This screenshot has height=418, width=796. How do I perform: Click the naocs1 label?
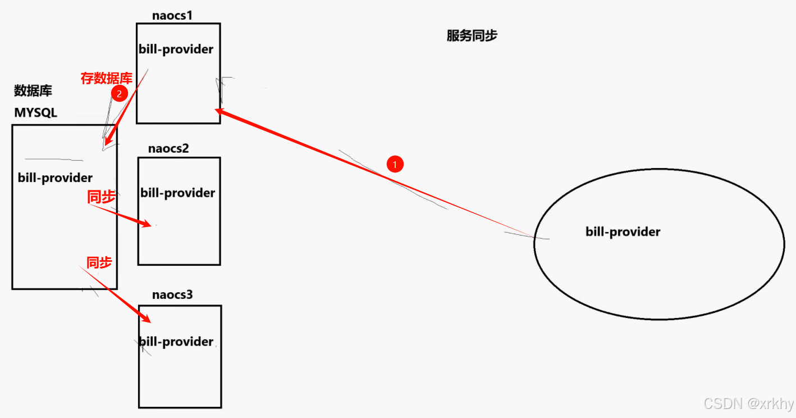(172, 15)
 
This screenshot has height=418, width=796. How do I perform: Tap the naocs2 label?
(168, 149)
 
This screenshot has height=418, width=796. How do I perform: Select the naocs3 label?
(172, 295)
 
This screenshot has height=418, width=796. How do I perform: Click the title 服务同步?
(472, 36)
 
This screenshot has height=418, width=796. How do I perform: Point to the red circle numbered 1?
(395, 164)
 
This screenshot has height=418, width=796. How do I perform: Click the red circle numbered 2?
(119, 94)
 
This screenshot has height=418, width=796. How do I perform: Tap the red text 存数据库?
(106, 78)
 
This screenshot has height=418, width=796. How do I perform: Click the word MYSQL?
(36, 112)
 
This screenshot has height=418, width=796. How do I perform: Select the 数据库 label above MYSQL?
(33, 90)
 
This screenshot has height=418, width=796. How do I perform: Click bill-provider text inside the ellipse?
(623, 231)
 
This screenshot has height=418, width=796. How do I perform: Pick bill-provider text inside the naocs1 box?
(176, 49)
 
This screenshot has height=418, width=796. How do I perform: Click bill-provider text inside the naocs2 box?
(177, 193)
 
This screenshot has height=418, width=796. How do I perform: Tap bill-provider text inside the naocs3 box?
(176, 342)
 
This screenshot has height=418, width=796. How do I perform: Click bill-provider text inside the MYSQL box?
(55, 178)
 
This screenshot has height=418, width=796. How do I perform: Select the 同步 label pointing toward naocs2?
(101, 197)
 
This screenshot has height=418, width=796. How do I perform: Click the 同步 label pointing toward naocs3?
(99, 262)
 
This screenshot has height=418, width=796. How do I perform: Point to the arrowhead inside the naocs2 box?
(147, 225)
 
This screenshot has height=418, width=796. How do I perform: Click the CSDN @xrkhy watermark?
(748, 403)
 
